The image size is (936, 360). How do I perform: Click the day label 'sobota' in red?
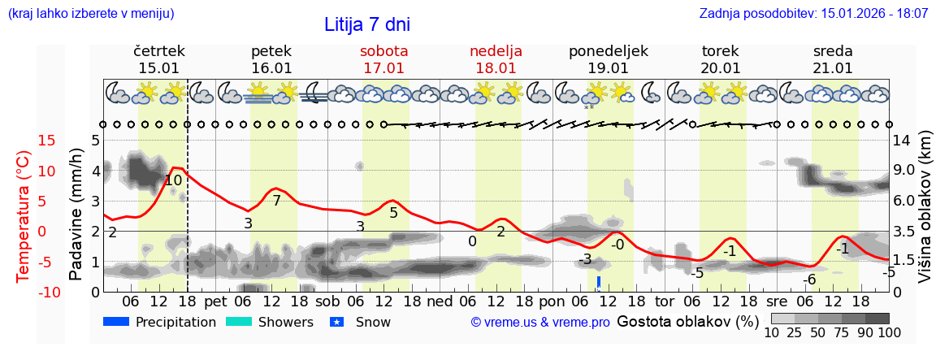(x=383, y=51)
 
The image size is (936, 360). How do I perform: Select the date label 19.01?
(x=609, y=68)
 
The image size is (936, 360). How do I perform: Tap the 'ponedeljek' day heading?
(x=609, y=51)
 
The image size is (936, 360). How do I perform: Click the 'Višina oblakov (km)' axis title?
(x=925, y=215)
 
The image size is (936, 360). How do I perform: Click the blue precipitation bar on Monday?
(x=599, y=282)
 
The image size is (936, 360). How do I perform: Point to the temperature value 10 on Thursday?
(x=173, y=181)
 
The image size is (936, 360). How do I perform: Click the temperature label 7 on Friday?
(x=276, y=201)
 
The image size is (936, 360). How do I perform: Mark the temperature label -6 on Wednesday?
(x=809, y=280)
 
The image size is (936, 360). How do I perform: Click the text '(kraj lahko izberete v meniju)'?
(x=90, y=14)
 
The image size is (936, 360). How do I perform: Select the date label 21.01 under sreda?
(x=833, y=68)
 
